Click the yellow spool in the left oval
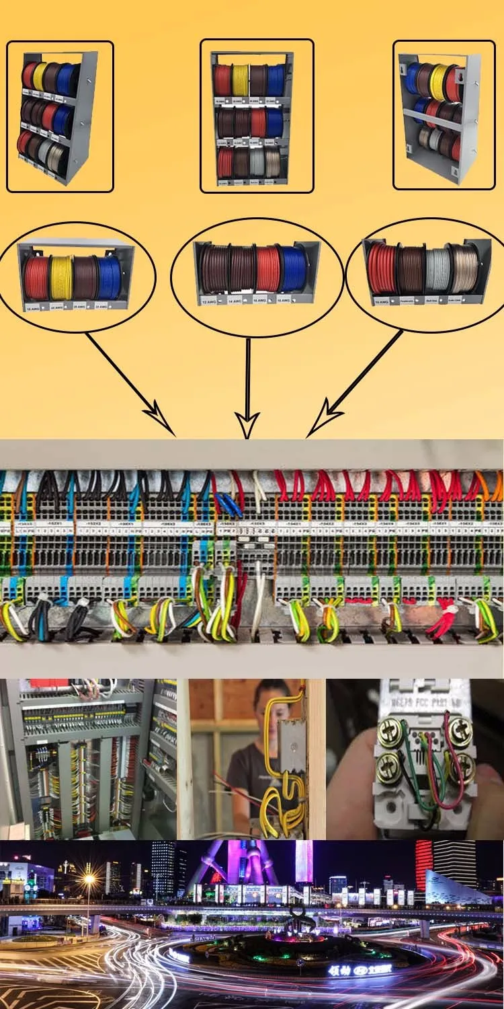[x=60, y=278]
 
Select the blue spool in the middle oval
[x=291, y=269]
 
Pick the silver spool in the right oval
[x=437, y=269]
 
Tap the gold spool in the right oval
[x=464, y=268]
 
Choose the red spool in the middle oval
[x=267, y=269]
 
